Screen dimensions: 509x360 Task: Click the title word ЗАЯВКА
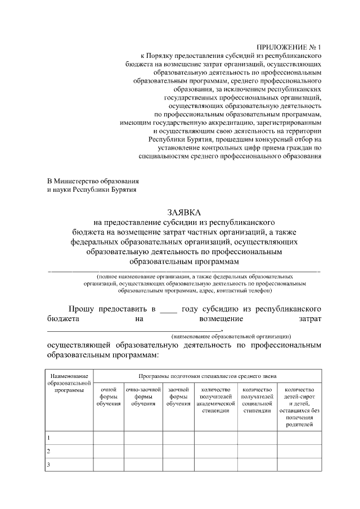(184, 211)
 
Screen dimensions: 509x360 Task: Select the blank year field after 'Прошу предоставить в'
(168, 309)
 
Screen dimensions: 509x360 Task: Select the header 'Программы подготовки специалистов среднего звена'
(207, 375)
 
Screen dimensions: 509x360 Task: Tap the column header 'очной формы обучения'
(108, 396)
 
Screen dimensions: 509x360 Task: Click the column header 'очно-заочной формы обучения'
(143, 396)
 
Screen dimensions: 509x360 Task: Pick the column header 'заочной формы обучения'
(178, 396)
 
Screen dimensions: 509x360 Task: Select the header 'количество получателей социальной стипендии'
(257, 399)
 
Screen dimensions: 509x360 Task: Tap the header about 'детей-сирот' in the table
(299, 407)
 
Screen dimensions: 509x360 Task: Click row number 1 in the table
(49, 437)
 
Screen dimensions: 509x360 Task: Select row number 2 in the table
(49, 451)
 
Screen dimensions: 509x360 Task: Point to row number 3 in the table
(49, 465)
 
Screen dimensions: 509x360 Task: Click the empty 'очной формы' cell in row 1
(108, 437)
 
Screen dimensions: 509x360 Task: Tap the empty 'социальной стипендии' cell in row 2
(257, 451)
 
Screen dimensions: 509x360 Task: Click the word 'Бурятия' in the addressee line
(118, 190)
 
